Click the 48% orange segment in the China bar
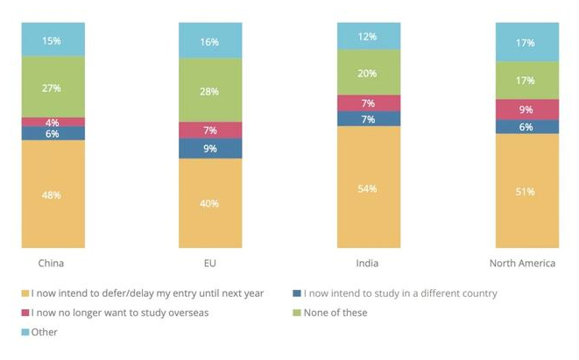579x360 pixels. click(53, 194)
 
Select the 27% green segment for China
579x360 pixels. click(53, 88)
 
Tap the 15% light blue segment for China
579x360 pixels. click(53, 40)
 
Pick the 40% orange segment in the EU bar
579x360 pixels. click(210, 203)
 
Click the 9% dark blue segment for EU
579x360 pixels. click(210, 149)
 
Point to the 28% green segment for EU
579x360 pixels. click(210, 91)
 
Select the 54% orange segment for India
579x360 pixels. click(369, 187)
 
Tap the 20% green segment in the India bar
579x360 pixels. click(369, 73)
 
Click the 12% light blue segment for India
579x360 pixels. click(369, 36)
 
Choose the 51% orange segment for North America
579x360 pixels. click(526, 191)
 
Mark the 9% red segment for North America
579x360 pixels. click(526, 109)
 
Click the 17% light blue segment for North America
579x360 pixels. click(526, 42)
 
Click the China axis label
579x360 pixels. click(52, 263)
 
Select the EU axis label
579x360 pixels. click(210, 263)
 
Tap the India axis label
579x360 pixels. click(369, 263)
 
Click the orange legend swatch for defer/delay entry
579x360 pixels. click(25, 293)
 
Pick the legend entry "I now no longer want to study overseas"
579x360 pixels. click(119, 313)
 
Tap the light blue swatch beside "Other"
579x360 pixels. click(25, 332)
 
